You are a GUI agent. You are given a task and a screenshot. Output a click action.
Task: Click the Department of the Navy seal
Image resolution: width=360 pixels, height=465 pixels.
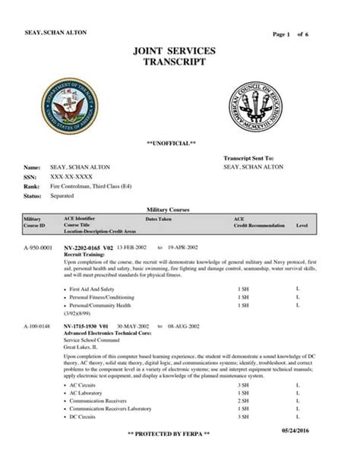(69, 105)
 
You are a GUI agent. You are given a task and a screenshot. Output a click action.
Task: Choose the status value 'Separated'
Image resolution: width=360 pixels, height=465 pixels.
(62, 196)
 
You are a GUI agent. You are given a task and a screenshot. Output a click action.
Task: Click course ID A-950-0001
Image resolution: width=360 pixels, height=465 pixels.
(37, 248)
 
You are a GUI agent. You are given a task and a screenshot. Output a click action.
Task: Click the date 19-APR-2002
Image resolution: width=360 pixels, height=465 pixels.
(185, 248)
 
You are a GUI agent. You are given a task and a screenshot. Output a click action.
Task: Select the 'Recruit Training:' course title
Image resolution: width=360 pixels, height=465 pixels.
(84, 255)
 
